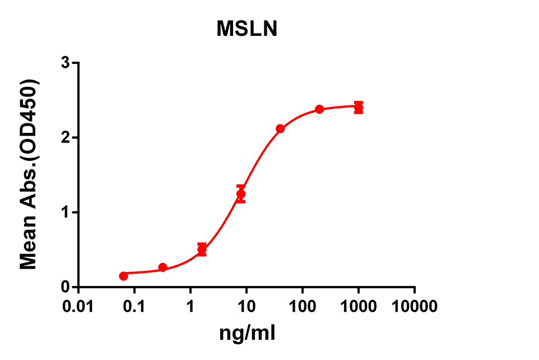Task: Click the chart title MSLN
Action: (x=247, y=29)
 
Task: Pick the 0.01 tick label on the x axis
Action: (x=78, y=307)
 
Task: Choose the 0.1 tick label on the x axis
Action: (x=134, y=307)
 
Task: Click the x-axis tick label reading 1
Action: (x=190, y=307)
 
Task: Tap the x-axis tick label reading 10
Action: (x=247, y=307)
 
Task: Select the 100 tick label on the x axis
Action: (x=303, y=307)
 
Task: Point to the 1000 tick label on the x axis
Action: (x=359, y=307)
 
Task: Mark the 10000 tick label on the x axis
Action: (x=415, y=307)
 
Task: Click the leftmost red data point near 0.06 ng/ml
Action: (x=123, y=276)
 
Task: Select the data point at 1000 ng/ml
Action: (x=359, y=108)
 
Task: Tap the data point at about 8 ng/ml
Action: (x=241, y=194)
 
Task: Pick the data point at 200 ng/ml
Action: (x=319, y=109)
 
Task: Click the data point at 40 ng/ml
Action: (x=280, y=128)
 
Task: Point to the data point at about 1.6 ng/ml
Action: (x=202, y=249)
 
